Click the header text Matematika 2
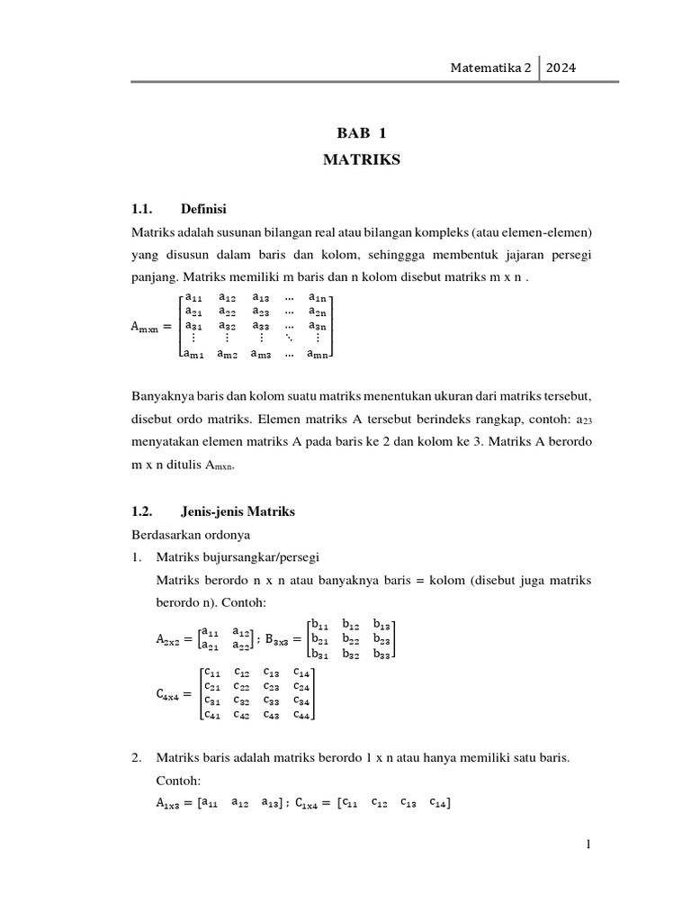pos(492,68)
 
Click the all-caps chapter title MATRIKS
pos(360,162)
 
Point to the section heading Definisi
pos(203,209)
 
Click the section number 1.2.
pos(144,511)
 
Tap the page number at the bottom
pos(588,845)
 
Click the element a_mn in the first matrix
pos(319,356)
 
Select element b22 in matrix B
pos(352,638)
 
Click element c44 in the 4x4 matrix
pos(303,716)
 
